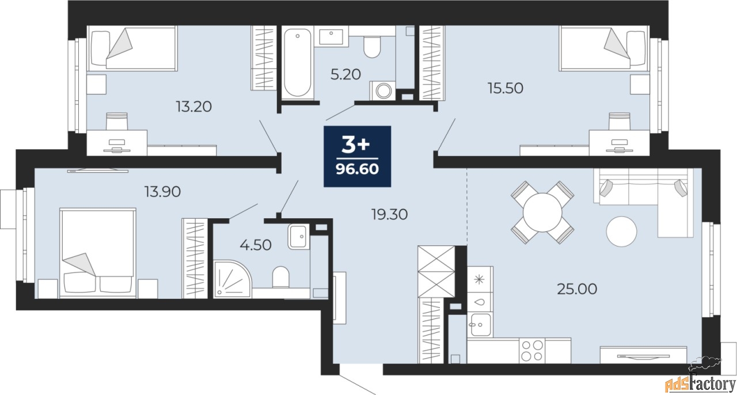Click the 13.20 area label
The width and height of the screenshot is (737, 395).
point(194,107)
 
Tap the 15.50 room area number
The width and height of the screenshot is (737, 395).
point(506,88)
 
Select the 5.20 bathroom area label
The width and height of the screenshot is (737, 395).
point(345,74)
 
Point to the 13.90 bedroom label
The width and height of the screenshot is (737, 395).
point(163,192)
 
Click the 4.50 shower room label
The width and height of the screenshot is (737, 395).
point(256,245)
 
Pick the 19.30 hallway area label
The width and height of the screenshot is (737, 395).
point(390,215)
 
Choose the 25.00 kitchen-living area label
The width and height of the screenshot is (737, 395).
point(577,289)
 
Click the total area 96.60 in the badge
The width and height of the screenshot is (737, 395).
point(358,169)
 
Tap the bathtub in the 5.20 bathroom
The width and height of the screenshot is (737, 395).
point(298,63)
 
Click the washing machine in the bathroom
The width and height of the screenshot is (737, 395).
point(383,90)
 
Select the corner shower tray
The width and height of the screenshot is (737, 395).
point(232,279)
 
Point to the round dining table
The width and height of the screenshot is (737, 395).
point(542,212)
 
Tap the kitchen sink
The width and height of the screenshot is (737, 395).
point(480,325)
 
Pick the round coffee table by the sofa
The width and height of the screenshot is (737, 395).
point(621,231)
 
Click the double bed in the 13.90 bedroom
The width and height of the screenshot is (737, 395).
point(98,253)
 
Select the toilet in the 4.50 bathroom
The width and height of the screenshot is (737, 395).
point(280,277)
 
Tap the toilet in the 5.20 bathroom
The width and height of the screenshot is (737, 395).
point(372,47)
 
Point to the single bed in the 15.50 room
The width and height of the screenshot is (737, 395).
point(603,48)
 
